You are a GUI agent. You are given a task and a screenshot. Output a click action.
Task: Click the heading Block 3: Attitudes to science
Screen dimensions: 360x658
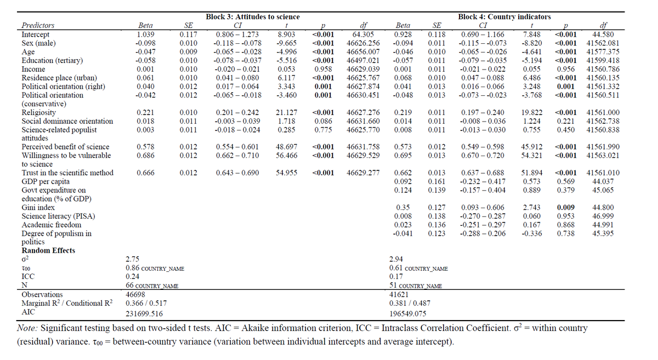[252, 17]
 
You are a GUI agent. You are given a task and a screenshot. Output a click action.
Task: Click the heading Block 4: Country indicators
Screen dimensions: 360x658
[504, 17]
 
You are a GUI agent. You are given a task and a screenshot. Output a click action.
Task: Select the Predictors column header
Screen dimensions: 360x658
[38, 25]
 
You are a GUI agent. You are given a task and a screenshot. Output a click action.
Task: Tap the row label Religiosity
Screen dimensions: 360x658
[38, 112]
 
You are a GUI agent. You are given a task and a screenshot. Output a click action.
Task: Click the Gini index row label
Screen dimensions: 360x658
[36, 208]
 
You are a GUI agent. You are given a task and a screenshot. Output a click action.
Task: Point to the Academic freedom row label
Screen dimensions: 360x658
[51, 225]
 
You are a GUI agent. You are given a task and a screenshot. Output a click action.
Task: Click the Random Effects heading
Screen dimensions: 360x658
[48, 250]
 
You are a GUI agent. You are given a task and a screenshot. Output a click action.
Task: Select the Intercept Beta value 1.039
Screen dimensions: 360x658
[145, 34]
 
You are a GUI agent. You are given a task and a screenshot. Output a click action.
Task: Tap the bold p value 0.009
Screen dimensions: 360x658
[566, 208]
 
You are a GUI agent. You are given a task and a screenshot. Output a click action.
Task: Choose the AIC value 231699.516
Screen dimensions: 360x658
[144, 314]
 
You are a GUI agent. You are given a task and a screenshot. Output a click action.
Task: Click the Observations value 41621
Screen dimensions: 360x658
[399, 294]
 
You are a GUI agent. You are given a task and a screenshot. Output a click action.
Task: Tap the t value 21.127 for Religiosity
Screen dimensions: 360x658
[286, 112]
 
